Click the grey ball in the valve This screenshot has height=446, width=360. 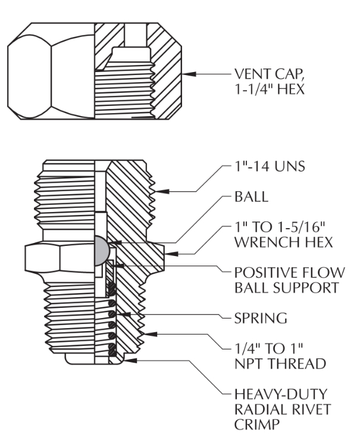103,249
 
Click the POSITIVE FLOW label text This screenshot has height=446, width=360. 289,273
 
